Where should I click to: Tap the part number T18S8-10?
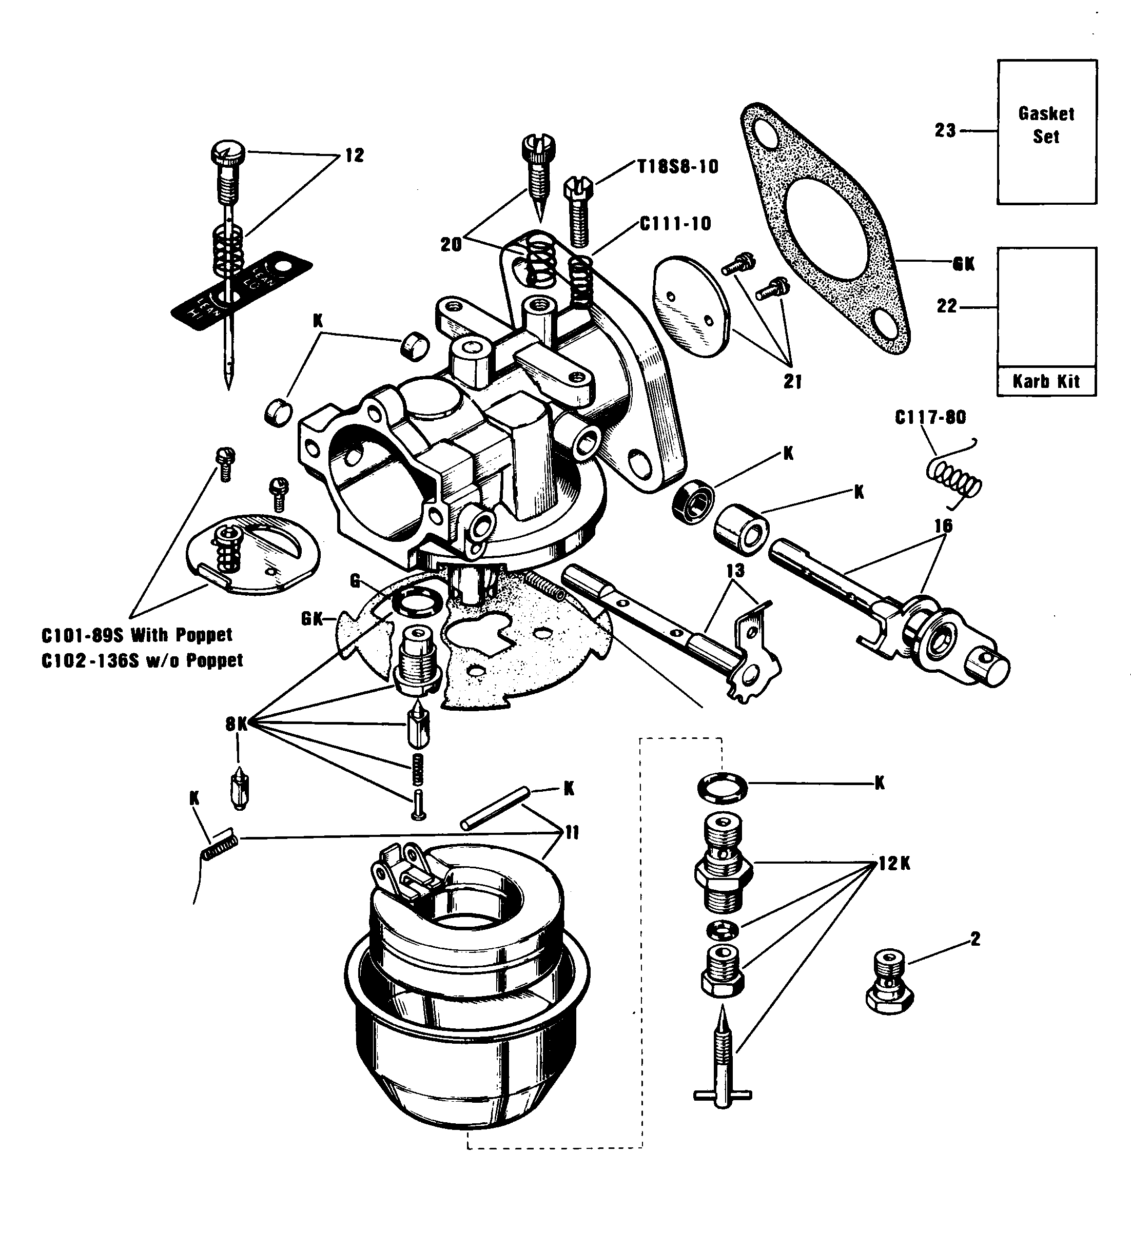tap(678, 167)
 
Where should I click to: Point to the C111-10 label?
tap(676, 224)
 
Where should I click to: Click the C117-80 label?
tap(930, 417)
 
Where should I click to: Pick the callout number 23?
tap(946, 131)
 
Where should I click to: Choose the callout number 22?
tap(947, 306)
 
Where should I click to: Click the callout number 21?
tap(792, 382)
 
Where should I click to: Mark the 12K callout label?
tap(894, 864)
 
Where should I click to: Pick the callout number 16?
tap(943, 526)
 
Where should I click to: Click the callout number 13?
tap(735, 571)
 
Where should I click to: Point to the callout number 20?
tap(452, 245)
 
